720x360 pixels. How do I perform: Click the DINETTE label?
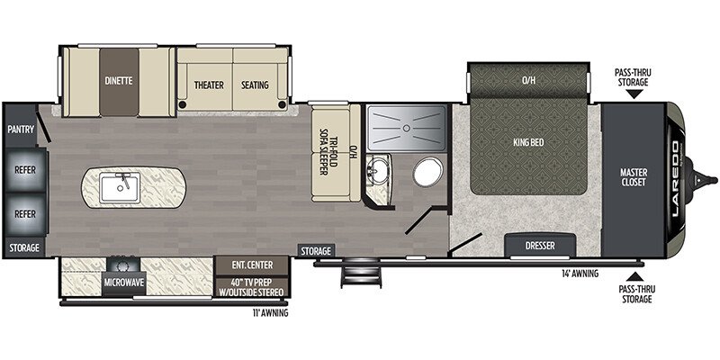pyautogui.click(x=118, y=80)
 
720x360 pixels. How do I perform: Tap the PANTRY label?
pyautogui.click(x=21, y=130)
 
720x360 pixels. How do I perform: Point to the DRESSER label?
pyautogui.click(x=540, y=246)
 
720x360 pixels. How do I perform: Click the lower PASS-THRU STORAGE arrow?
pyautogui.click(x=635, y=276)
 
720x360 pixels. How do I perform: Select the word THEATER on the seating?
pyautogui.click(x=208, y=85)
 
